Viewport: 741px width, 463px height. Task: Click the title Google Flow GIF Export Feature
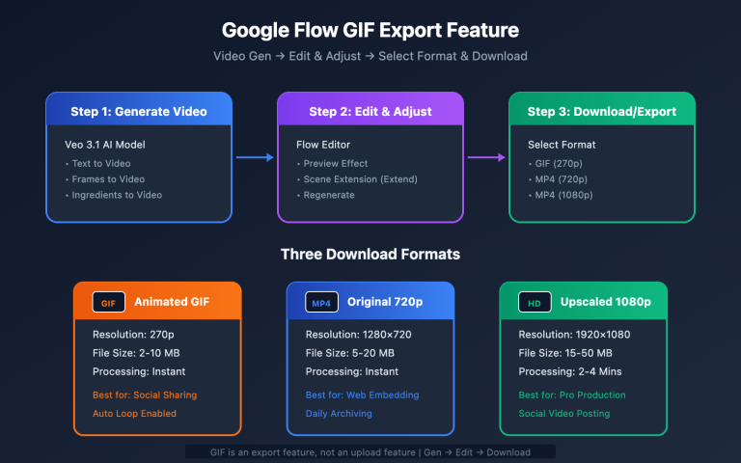(370, 31)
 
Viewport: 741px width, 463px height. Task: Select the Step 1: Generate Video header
(139, 112)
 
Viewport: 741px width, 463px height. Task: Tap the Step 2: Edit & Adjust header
(370, 112)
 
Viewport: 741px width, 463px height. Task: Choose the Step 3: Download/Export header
(601, 112)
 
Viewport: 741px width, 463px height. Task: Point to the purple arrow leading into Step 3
(486, 157)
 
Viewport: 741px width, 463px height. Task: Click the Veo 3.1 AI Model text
(104, 144)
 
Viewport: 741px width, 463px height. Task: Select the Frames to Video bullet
(106, 178)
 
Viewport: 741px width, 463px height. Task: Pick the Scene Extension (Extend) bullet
(348, 178)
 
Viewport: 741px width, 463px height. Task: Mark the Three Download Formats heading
(370, 255)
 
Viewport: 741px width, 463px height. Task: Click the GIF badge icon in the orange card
(108, 302)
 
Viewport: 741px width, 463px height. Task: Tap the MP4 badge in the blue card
(320, 302)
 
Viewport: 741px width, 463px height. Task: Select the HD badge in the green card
(534, 302)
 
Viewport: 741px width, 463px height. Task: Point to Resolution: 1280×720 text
(359, 335)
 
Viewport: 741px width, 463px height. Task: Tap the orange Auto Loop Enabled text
(135, 413)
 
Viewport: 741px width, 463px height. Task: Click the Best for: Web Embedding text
(363, 395)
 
